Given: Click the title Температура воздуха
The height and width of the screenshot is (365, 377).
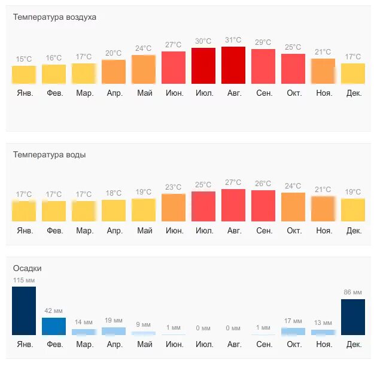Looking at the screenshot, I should (54, 17).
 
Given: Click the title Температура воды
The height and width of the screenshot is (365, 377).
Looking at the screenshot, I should (49, 154).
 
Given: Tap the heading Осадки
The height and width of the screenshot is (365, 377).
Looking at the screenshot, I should (28, 269).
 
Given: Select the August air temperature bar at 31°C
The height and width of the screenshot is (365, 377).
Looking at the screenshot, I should (233, 65).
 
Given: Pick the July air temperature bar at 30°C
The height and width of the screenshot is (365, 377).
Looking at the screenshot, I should (203, 66).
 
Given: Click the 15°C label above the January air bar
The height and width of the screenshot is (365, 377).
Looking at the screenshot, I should (24, 59).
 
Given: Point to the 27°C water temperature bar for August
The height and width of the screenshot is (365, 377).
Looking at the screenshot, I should (233, 205).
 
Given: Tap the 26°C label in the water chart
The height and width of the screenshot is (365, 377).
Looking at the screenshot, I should (263, 184).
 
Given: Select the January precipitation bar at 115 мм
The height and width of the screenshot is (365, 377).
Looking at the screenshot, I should (24, 311).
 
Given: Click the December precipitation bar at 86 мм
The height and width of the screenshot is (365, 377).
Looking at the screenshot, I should (353, 317).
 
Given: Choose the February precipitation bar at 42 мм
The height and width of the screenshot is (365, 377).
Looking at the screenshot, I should (54, 326).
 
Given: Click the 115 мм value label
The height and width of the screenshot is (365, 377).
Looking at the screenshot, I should (24, 280).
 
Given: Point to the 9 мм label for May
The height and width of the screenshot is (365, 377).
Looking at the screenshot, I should (144, 325).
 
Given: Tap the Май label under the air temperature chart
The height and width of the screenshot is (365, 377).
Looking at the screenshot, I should (144, 93).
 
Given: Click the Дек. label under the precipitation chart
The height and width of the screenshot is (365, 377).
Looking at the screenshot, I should (354, 345).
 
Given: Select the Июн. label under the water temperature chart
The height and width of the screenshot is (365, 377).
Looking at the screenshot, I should (174, 231).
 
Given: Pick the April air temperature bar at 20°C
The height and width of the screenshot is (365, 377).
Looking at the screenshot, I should (114, 72).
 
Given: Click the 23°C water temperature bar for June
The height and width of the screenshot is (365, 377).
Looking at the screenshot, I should (174, 208).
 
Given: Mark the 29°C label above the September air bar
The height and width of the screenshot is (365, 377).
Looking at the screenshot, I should (263, 42).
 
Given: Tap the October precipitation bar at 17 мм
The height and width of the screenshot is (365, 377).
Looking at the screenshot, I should (293, 331).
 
